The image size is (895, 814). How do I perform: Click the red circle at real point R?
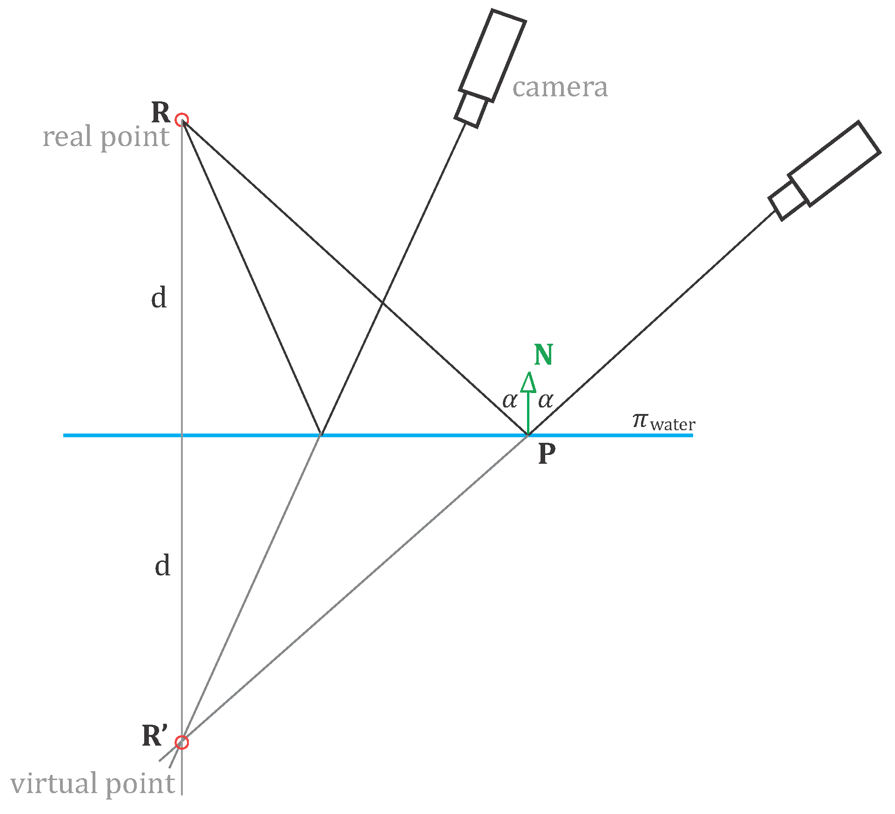181,120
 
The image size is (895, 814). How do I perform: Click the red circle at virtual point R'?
181,742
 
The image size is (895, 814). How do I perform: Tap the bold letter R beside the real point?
161,113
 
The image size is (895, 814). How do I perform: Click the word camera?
560,87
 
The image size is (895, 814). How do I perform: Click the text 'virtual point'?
93,783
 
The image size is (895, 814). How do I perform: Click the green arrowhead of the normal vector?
528,382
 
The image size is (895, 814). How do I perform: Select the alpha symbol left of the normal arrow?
509,400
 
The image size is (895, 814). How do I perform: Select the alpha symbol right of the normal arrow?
545,400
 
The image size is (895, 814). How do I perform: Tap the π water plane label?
663,421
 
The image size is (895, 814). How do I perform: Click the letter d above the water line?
159,298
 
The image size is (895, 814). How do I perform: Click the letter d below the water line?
162,566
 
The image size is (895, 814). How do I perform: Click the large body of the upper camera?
493,56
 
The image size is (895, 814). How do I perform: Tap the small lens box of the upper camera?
471,110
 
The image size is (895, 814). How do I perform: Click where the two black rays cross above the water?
382,303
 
